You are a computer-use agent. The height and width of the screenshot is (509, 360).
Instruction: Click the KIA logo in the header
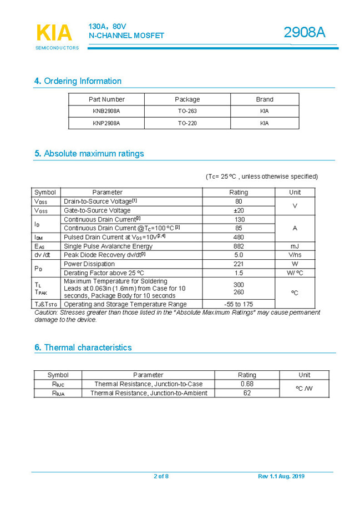pyautogui.click(x=54, y=34)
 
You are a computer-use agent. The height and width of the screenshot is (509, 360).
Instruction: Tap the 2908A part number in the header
pyautogui.click(x=304, y=33)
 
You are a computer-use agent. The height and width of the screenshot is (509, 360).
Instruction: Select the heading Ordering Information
pyautogui.click(x=78, y=81)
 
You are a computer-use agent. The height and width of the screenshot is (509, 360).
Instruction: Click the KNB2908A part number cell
pyautogui.click(x=107, y=111)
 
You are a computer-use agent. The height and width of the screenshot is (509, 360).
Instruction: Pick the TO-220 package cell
pyautogui.click(x=187, y=123)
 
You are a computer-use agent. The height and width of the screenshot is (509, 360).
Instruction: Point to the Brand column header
pyautogui.click(x=264, y=99)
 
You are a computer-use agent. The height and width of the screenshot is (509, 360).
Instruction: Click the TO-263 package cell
pyautogui.click(x=187, y=111)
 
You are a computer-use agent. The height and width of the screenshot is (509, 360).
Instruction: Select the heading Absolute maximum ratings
pyautogui.click(x=89, y=154)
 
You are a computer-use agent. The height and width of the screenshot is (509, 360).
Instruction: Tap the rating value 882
pyautogui.click(x=239, y=246)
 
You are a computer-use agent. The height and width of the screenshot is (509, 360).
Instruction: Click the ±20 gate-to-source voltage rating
pyautogui.click(x=239, y=210)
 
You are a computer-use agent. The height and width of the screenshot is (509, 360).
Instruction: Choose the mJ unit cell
pyautogui.click(x=295, y=246)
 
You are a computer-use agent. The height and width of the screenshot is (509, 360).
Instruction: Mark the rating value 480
pyautogui.click(x=239, y=237)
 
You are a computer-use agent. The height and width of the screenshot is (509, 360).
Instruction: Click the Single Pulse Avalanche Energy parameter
pyautogui.click(x=108, y=246)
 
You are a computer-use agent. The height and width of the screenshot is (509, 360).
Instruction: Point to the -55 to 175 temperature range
pyautogui.click(x=239, y=304)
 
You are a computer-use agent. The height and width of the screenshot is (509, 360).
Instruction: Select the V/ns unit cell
pyautogui.click(x=295, y=255)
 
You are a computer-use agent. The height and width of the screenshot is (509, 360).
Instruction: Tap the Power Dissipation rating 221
pyautogui.click(x=239, y=264)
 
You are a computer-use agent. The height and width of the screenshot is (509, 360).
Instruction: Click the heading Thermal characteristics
pyautogui.click(x=83, y=347)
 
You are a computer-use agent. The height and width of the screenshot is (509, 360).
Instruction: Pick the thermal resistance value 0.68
pyautogui.click(x=247, y=384)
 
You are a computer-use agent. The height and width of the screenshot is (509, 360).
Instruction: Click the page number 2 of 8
pyautogui.click(x=161, y=476)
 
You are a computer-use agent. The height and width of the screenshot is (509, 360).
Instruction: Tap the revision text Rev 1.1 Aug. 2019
pyautogui.click(x=281, y=476)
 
